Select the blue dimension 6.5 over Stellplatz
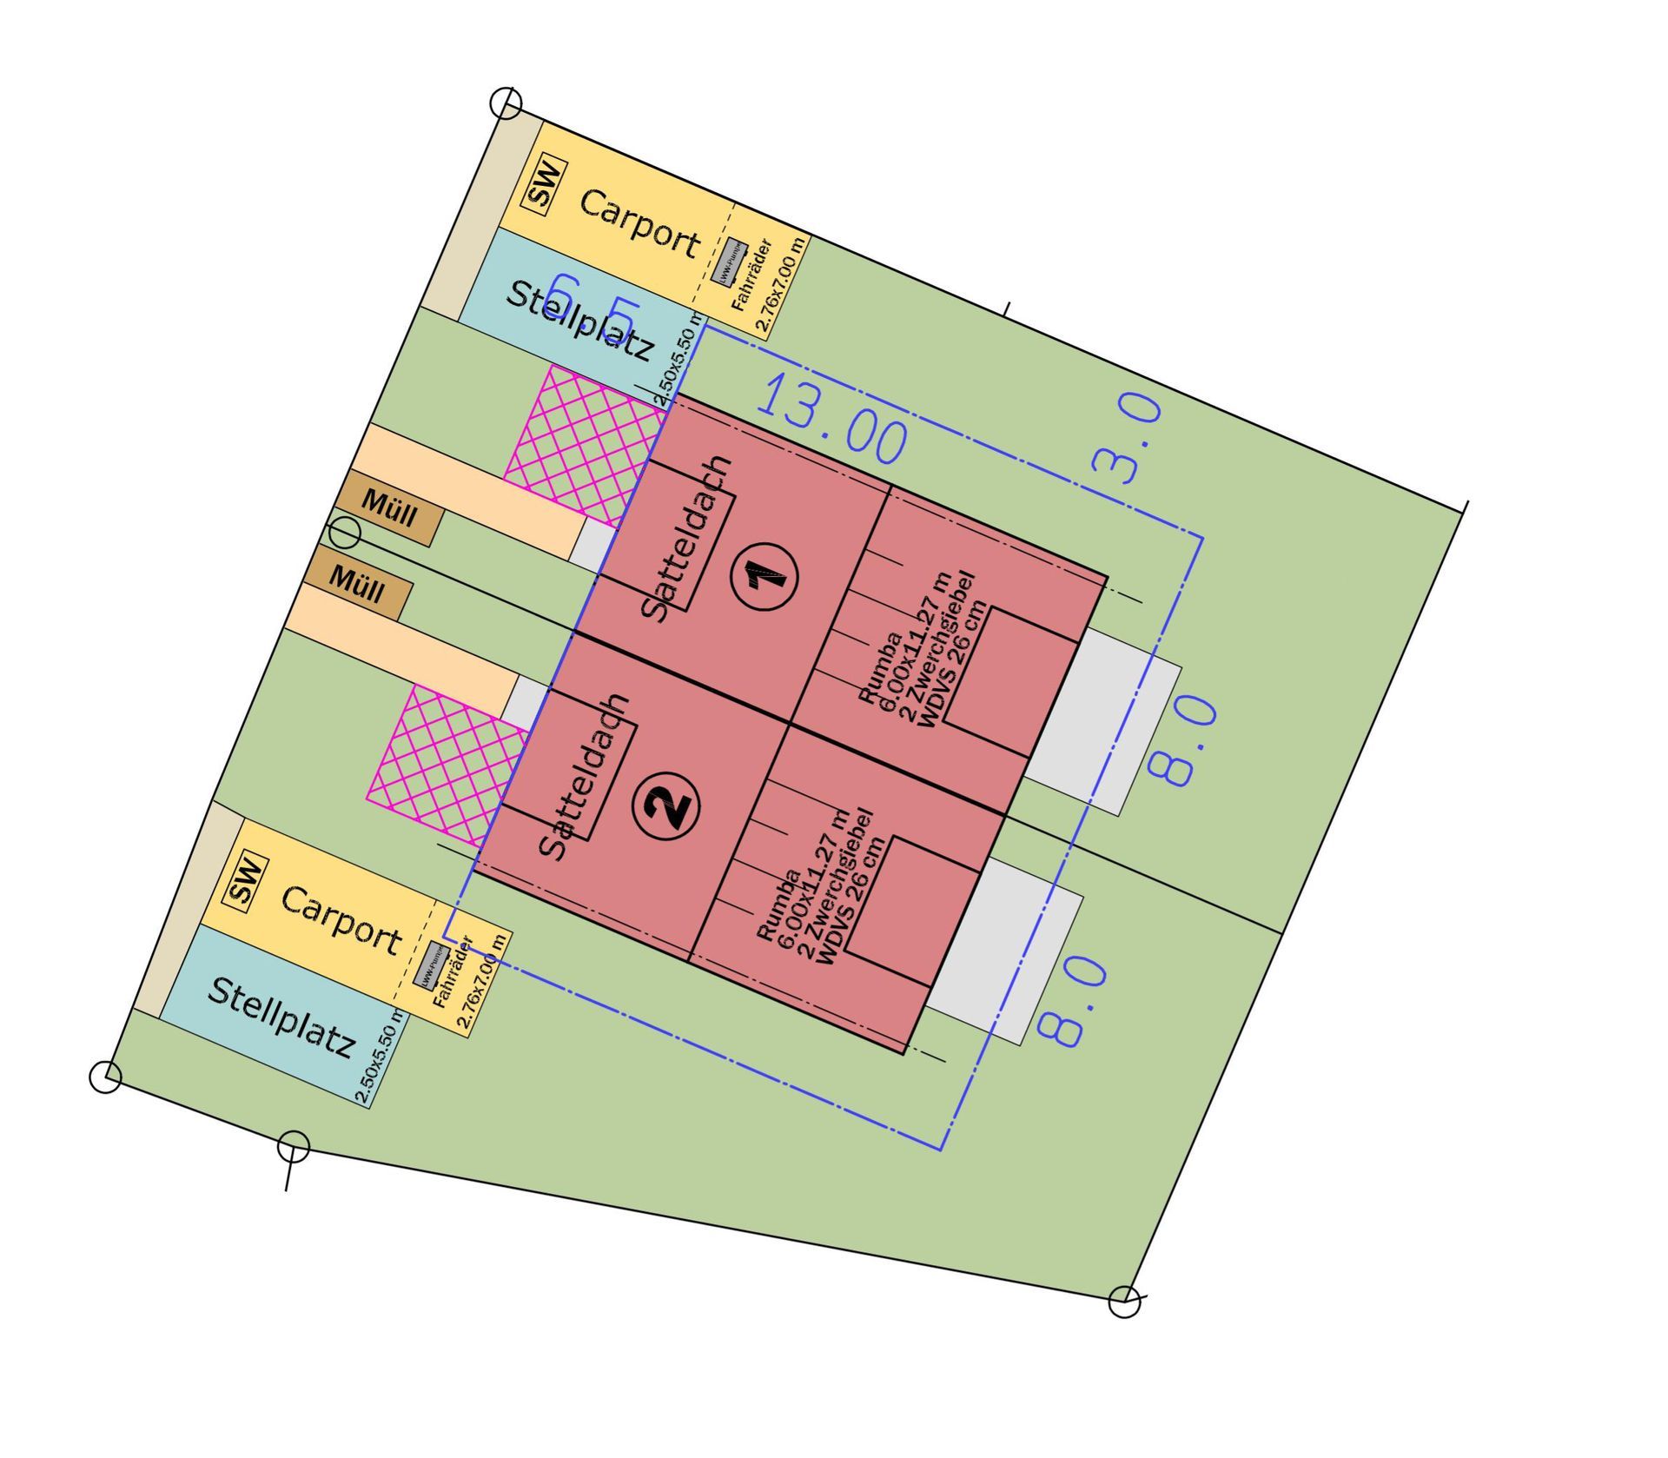coord(596,303)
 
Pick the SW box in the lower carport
coord(246,881)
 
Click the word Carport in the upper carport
coord(639,222)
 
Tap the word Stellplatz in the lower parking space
coord(281,1017)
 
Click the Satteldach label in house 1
coord(687,539)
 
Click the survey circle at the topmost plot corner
coord(506,103)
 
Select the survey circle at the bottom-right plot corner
coord(1124,1302)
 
